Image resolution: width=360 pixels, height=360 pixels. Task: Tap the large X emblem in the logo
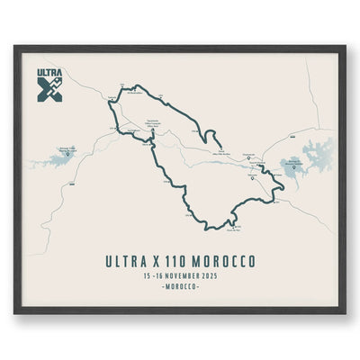click(50, 88)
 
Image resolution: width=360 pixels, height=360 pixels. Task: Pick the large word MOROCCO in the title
click(227, 261)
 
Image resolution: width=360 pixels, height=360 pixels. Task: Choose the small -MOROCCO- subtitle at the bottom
click(180, 287)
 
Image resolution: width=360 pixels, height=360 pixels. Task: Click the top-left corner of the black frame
click(15, 48)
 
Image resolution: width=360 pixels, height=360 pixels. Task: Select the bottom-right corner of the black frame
click(344, 312)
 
